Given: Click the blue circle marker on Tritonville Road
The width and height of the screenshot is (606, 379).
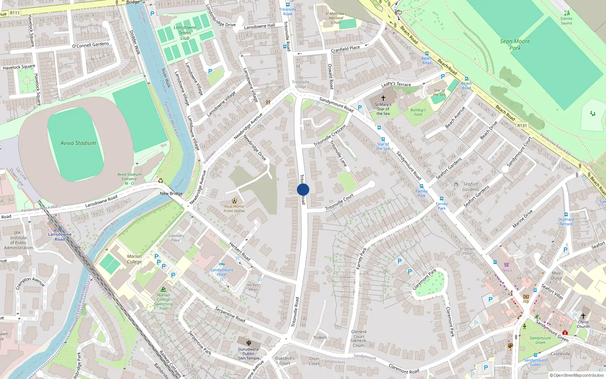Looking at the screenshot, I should tap(303, 189).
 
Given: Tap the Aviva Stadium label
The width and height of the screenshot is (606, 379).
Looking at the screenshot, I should tap(78, 143).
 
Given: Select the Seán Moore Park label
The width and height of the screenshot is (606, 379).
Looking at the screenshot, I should tap(515, 45).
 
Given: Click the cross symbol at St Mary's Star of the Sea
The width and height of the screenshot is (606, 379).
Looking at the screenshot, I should tap(383, 98).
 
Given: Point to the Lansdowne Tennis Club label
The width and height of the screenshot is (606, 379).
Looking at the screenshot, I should tap(185, 33).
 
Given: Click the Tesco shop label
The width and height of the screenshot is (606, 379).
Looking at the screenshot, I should tap(507, 270).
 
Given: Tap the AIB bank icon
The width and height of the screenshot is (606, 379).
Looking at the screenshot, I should tap(526, 296).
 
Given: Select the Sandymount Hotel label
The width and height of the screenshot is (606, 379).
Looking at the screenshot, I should tap(222, 272).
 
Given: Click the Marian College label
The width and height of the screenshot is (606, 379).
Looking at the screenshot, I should tap(134, 259).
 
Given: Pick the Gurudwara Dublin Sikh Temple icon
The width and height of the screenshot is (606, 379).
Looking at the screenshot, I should tap(249, 343).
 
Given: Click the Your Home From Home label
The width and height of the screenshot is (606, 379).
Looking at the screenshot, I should tap(234, 208).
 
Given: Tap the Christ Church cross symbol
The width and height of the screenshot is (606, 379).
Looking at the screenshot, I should tap(583, 316).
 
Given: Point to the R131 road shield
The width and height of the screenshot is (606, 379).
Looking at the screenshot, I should tap(522, 125).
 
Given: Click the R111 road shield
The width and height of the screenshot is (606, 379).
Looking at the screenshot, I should tap(15, 13).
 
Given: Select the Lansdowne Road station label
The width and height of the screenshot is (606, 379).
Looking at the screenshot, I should tap(59, 236).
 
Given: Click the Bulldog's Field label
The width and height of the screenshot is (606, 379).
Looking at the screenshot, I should tap(418, 112).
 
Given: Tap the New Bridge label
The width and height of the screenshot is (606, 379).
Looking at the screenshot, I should tap(171, 193).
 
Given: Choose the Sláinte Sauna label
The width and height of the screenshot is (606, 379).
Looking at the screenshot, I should tap(566, 20).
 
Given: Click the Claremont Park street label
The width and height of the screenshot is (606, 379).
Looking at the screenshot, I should tap(424, 279).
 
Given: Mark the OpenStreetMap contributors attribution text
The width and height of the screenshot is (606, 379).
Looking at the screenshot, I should tap(578, 375).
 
